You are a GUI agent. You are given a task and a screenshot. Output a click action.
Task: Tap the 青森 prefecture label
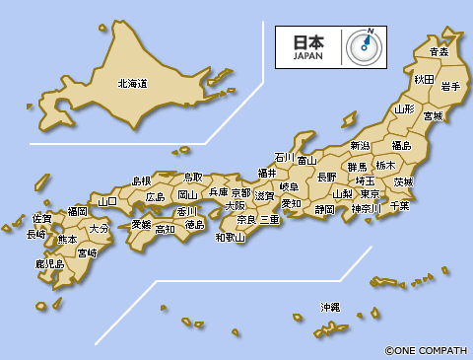tap(439, 51)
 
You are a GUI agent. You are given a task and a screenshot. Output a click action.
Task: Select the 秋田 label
tap(424, 79)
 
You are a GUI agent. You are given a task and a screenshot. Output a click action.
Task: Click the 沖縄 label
tap(330, 308)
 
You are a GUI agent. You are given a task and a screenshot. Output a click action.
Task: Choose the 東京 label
tap(371, 194)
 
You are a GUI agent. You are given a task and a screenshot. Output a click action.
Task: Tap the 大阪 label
tap(236, 206)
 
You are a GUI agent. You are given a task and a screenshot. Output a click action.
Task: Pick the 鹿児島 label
tap(49, 264)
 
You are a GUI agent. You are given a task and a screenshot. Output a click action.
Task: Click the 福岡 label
tap(77, 211)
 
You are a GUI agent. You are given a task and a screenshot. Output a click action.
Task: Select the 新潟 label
tap(360, 146)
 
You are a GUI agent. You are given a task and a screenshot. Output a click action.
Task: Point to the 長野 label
tap(326, 177)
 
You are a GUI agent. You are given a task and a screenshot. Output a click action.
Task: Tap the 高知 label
tap(165, 229)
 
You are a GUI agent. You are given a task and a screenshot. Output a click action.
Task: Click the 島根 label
tap(142, 180)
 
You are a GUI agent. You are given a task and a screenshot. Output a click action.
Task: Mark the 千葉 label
tap(399, 205)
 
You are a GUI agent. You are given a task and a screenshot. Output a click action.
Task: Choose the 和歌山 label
tap(231, 237)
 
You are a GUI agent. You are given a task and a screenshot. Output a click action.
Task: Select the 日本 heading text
tap(307, 42)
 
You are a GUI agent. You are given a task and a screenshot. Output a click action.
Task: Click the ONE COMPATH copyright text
tap(427, 349)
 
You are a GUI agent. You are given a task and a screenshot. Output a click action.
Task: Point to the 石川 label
tap(284, 157)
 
